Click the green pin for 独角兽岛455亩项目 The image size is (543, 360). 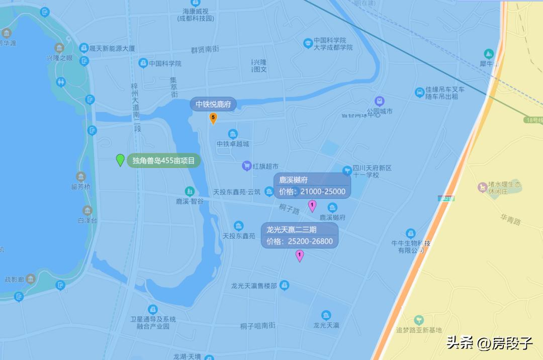point(120,160)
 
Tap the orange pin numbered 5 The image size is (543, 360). point(213,118)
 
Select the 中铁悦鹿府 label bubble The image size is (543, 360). point(213,105)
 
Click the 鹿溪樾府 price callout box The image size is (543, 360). point(312,186)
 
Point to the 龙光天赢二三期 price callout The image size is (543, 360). point(299,235)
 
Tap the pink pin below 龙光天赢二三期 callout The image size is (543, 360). point(300,256)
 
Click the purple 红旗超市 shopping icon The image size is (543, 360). point(246,165)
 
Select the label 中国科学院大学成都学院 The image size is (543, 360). point(333,44)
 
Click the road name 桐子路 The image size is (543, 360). point(290,207)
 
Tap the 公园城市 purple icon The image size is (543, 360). point(380,101)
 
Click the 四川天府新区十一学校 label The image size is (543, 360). point(372,171)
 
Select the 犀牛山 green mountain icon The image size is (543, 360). point(488,53)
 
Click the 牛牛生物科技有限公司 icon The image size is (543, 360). point(410,233)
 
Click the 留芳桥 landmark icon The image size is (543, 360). point(80,176)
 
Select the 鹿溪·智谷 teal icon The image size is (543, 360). point(189,191)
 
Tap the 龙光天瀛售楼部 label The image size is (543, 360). point(254,286)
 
